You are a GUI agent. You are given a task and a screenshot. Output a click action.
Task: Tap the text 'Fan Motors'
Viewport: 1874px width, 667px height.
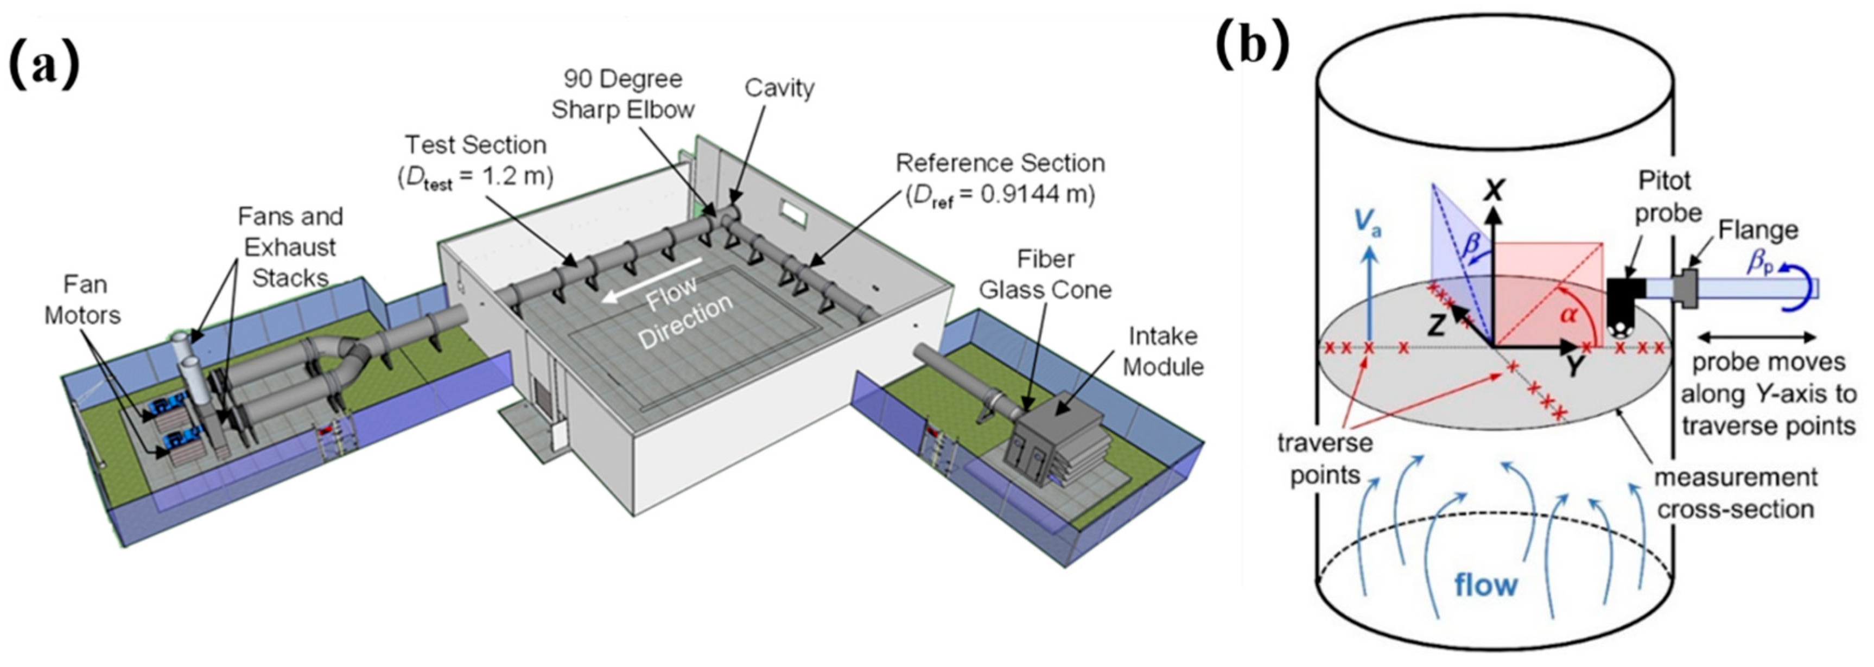coord(83,299)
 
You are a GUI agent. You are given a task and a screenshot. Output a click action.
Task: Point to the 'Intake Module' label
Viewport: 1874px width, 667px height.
coord(1163,351)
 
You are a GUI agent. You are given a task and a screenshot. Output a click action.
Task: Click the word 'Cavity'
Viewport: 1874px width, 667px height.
coord(779,88)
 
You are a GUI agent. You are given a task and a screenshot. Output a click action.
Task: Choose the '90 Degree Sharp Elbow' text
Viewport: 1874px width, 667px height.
coord(622,94)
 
